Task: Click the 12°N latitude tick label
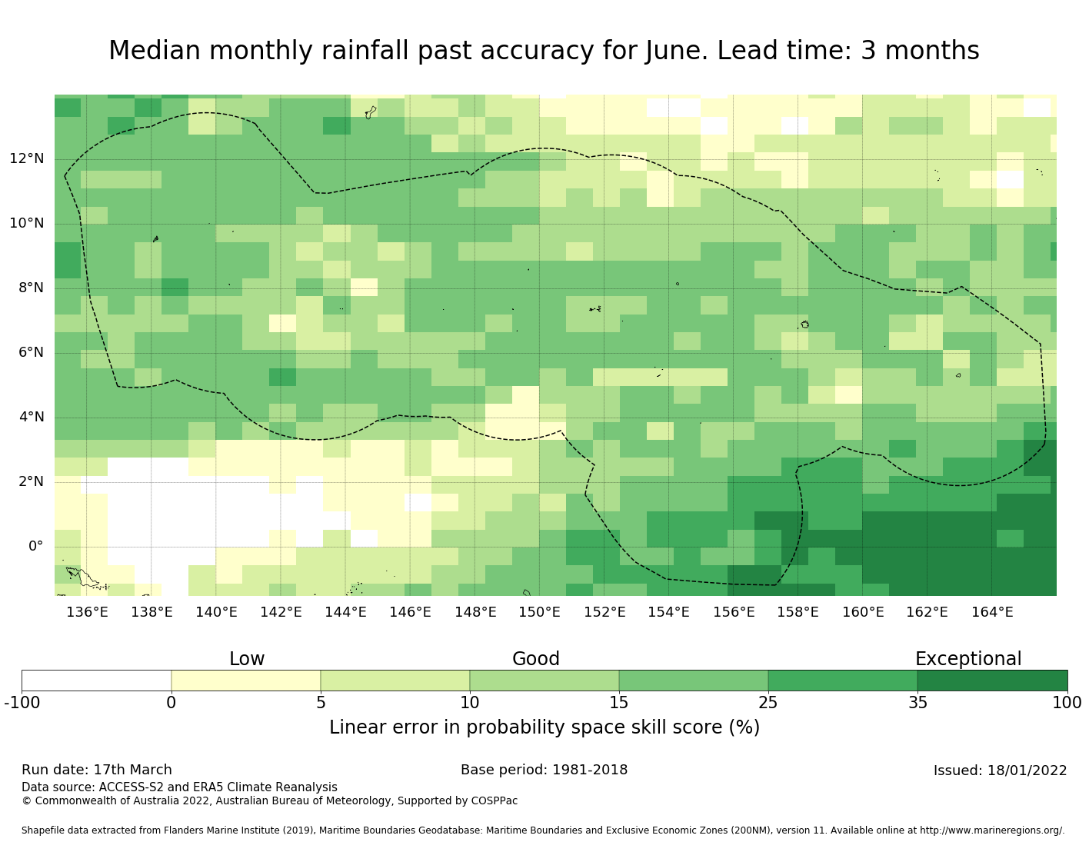(26, 159)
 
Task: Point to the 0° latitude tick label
(35, 547)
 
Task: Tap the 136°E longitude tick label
(87, 613)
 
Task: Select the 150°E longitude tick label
(539, 613)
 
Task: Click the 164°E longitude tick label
(991, 613)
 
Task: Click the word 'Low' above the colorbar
(247, 660)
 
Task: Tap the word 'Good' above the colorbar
(536, 660)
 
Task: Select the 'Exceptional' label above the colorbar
(967, 660)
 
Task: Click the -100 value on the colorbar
(22, 703)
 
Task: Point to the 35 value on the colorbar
(917, 703)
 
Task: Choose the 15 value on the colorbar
(619, 703)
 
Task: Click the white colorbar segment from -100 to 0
(96, 681)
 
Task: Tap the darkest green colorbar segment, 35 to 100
(992, 681)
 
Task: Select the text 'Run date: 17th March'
(97, 770)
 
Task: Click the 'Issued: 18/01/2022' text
(1000, 771)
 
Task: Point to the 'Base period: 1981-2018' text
(544, 770)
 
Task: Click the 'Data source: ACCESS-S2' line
(179, 787)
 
